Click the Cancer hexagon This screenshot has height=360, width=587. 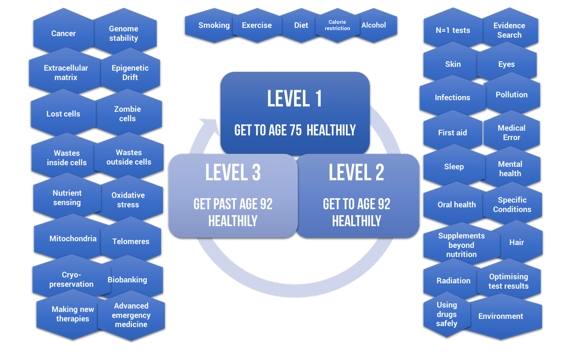[x=63, y=34]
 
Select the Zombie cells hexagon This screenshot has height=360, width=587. [x=127, y=114]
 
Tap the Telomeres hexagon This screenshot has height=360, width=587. [x=131, y=241]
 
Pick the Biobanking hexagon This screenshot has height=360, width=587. [x=127, y=280]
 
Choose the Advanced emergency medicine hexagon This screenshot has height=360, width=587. [x=131, y=315]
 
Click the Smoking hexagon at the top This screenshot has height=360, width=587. [x=213, y=25]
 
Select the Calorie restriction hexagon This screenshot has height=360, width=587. [x=339, y=25]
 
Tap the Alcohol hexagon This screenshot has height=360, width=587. [x=373, y=25]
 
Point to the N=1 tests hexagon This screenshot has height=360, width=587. [x=452, y=30]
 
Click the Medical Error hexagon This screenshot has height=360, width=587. [x=511, y=133]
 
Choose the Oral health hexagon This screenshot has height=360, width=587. [x=456, y=204]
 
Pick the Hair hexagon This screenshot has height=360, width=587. [x=517, y=242]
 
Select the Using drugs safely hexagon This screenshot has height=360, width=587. [x=447, y=314]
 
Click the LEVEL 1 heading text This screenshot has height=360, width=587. [x=294, y=98]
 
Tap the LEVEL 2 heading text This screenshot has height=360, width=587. [x=356, y=172]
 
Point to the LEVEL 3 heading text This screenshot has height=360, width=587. [x=233, y=172]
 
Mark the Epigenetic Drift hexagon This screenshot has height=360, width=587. [x=130, y=72]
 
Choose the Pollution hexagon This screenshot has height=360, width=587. [x=511, y=95]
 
